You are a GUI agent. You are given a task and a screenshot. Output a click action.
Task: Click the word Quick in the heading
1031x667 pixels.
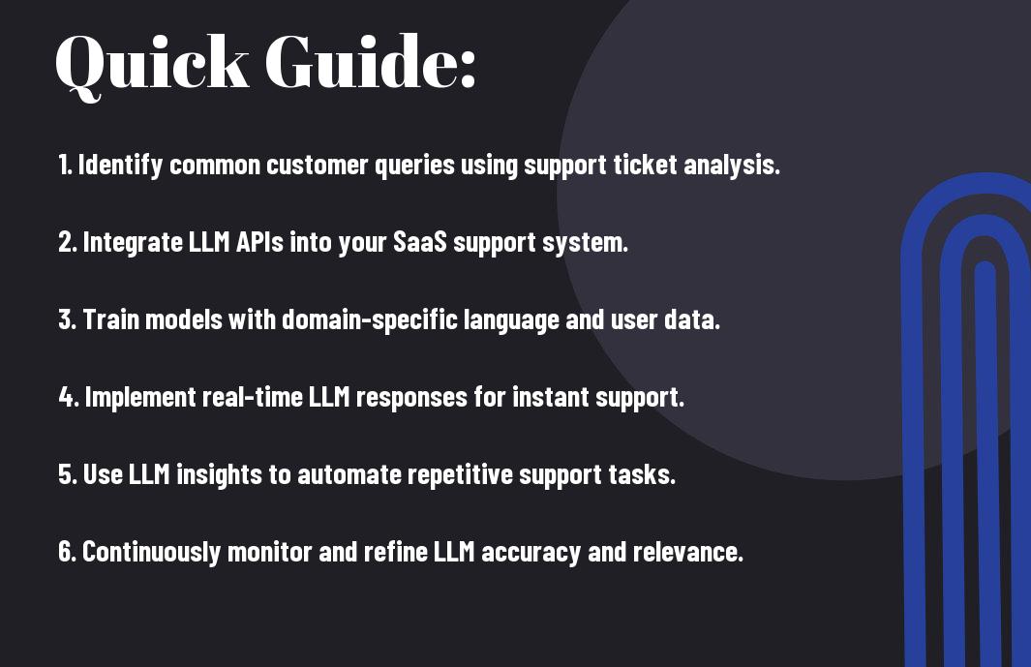[152, 65]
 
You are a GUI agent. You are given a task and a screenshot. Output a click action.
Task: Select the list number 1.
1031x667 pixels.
[65, 165]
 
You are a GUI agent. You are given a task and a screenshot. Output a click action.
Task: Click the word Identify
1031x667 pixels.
[120, 166]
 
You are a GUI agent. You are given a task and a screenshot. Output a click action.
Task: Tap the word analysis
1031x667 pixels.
[732, 166]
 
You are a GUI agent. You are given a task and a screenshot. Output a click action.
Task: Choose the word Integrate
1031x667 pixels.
[133, 242]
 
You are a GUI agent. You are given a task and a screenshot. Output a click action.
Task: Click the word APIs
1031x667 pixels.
[259, 242]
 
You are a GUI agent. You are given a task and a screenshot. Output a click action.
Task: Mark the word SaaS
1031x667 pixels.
[420, 242]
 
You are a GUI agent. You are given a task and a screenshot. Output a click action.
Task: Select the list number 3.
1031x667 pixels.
[67, 319]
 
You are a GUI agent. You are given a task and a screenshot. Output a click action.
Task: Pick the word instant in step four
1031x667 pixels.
[550, 397]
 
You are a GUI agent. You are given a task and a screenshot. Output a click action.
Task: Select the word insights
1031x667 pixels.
[219, 475]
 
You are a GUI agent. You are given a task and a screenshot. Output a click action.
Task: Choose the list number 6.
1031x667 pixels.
[67, 552]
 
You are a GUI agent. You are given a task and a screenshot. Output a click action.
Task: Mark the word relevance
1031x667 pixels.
[687, 552]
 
